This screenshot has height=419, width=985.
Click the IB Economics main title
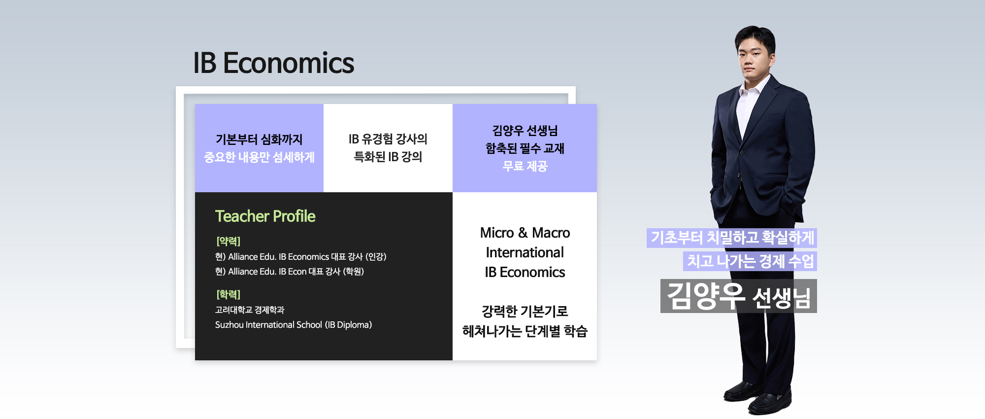coord(273,63)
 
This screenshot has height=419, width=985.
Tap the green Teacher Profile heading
coord(265,216)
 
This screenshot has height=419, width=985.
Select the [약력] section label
coord(228,241)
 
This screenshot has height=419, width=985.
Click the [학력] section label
coord(228,294)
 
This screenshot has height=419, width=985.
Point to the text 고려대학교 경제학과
coord(250,310)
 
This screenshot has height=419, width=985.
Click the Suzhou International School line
coord(294,325)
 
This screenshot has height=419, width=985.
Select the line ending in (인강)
coord(300,257)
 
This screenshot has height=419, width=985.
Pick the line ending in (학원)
coord(289,272)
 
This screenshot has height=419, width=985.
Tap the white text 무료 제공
coord(525,166)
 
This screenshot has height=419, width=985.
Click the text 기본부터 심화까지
coord(259,140)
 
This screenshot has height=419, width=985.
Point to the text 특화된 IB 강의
coord(388,157)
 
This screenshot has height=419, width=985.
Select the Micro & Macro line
coord(525,233)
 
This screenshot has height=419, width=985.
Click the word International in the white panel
coord(525,252)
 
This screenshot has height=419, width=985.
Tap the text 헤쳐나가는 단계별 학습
coord(525,331)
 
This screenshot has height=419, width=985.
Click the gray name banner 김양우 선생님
coord(739,296)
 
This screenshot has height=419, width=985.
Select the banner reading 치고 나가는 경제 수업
coord(750,261)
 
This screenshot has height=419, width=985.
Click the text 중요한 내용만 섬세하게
coord(259,157)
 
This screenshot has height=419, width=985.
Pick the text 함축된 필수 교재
coord(525,148)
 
